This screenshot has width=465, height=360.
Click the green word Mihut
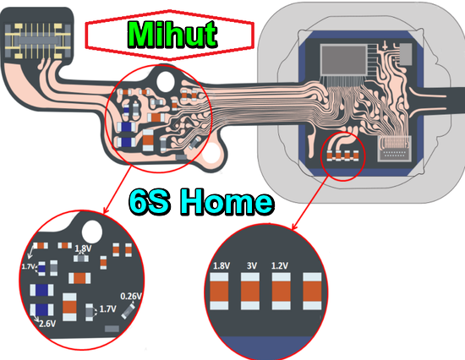pos(172,35)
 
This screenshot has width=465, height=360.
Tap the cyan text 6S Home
pos(201,202)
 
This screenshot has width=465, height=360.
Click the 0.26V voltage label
pos(131,296)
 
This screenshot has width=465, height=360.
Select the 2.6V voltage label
pos(47,324)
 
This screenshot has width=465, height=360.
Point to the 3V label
pos(252,265)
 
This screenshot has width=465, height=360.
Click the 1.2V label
pos(280,265)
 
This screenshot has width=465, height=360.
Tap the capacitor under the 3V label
pos(250,292)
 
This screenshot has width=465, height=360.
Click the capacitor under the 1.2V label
pos(282,292)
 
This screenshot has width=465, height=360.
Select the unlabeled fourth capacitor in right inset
pos(312,292)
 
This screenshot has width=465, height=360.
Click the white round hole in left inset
pos(92,232)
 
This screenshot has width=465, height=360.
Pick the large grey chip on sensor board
pos(343,59)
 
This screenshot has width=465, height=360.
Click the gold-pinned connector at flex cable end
pos(38,41)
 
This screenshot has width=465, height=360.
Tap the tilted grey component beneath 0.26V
pos(129,311)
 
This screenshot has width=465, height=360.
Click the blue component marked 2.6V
pos(41,309)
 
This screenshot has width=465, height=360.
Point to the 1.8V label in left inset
pos(84,248)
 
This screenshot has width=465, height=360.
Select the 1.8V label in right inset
pos(222,265)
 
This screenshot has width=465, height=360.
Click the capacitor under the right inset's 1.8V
pos(219,292)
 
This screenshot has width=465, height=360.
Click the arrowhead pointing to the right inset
pos(294,227)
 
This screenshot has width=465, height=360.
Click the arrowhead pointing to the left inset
pos(105,210)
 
